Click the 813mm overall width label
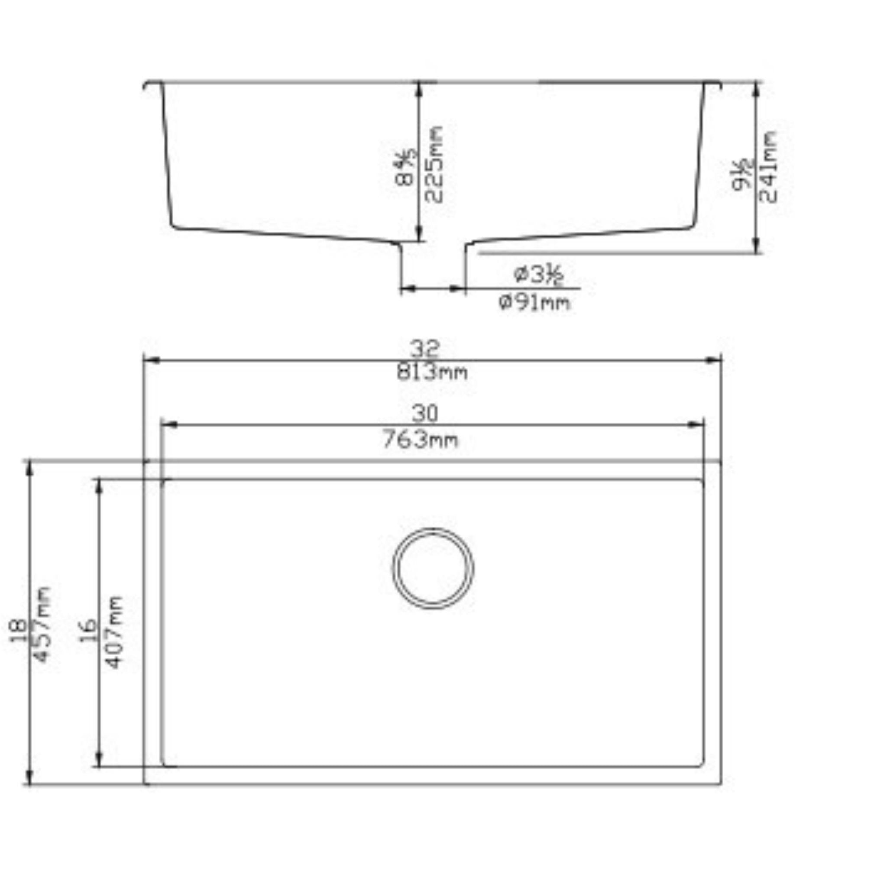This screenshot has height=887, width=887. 432,372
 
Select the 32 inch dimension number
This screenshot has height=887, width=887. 425,350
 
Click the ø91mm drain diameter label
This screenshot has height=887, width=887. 534,303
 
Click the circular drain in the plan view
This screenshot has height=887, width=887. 433,568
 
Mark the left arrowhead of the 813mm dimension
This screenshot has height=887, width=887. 152,361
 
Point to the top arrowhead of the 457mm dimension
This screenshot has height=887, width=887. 29,469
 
